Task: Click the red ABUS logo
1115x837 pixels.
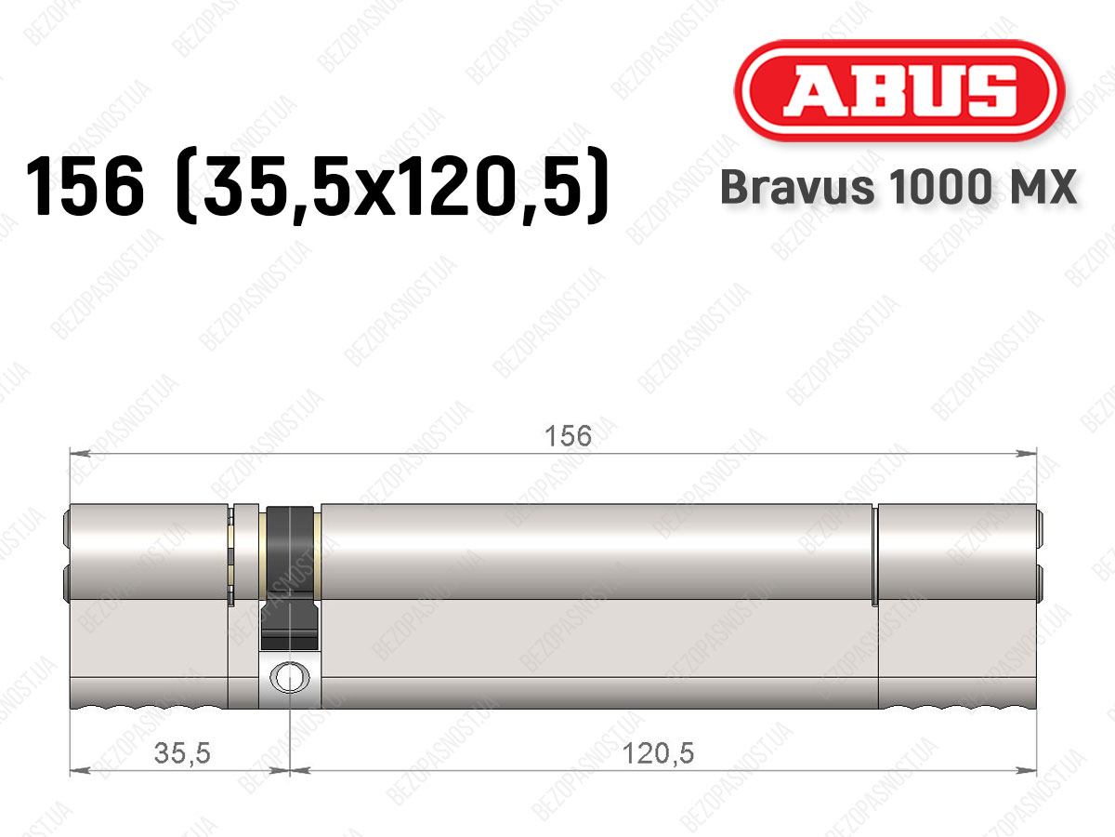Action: coord(899,90)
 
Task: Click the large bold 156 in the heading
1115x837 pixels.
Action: coord(85,187)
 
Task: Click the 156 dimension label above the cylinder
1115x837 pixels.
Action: coord(568,436)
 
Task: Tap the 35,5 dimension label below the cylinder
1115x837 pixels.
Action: coord(182,753)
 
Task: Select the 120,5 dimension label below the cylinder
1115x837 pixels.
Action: coord(658,753)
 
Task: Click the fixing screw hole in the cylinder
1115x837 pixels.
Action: coord(290,678)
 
